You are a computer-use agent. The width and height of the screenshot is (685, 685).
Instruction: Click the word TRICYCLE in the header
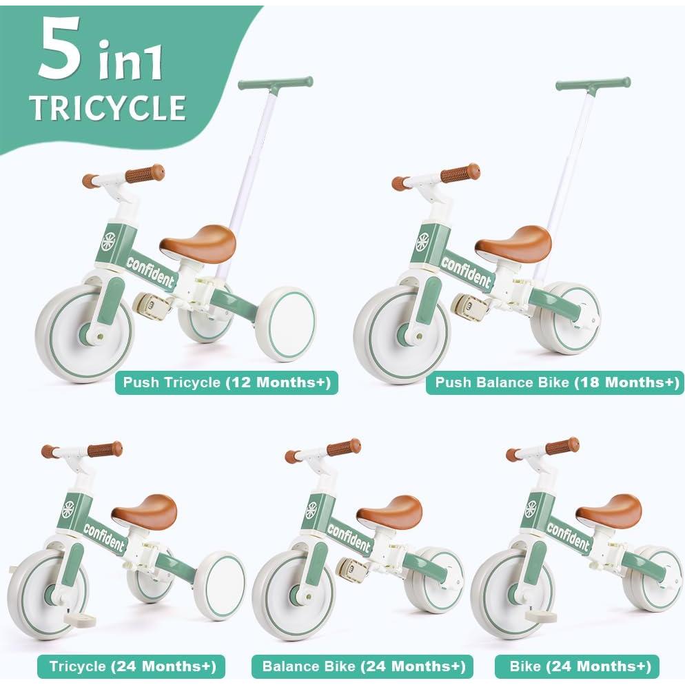[x=108, y=108]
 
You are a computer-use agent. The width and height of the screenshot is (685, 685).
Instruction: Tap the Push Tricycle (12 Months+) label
[x=227, y=382]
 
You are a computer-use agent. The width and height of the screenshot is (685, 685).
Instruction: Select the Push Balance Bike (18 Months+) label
[x=555, y=382]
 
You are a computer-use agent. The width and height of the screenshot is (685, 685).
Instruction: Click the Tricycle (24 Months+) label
[x=132, y=666]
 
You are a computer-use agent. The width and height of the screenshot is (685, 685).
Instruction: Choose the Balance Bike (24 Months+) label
[x=362, y=666]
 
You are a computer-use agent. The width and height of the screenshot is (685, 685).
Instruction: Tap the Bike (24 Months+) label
[x=577, y=666]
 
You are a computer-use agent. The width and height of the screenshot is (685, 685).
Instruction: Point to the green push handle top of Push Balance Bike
[x=593, y=84]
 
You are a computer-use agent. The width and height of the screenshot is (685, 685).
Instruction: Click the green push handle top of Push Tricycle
[x=275, y=84]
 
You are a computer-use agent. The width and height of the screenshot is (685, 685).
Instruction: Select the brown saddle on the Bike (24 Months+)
[x=609, y=509]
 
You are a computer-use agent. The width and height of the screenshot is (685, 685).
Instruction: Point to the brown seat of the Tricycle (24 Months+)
[x=145, y=511]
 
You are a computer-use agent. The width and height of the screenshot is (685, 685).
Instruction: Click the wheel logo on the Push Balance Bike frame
[x=422, y=243]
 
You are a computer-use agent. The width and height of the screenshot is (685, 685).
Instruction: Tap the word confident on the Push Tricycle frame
[x=150, y=271]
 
